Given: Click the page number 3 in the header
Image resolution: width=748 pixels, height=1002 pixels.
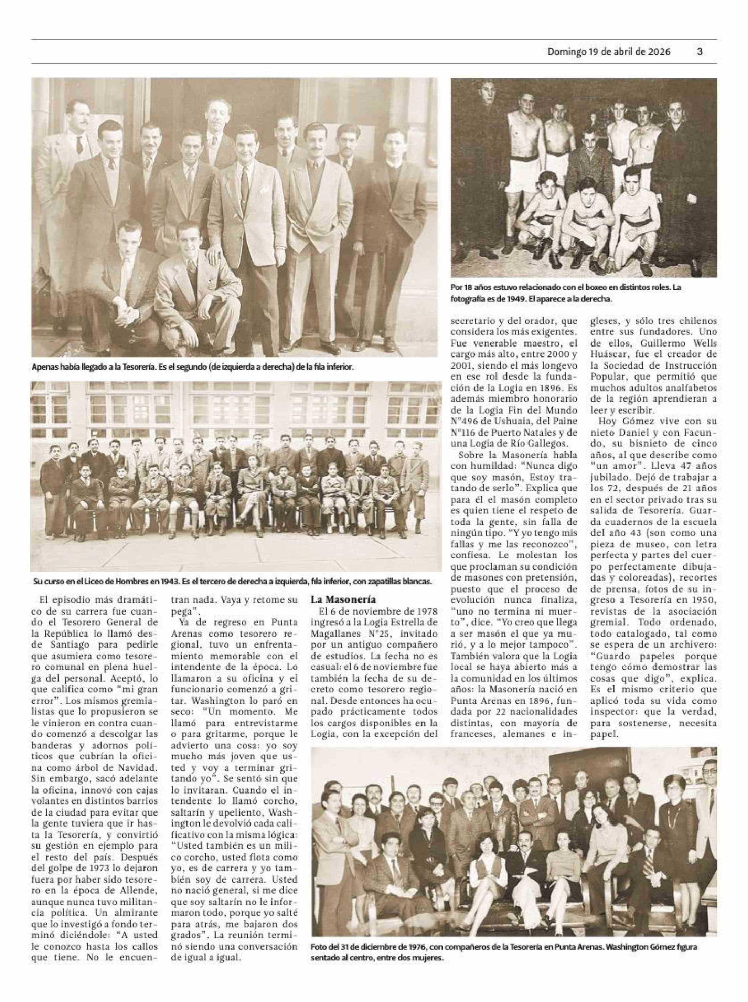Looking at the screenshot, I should (x=699, y=52).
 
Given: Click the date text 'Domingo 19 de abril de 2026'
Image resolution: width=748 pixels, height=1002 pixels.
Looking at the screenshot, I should (x=609, y=52).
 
